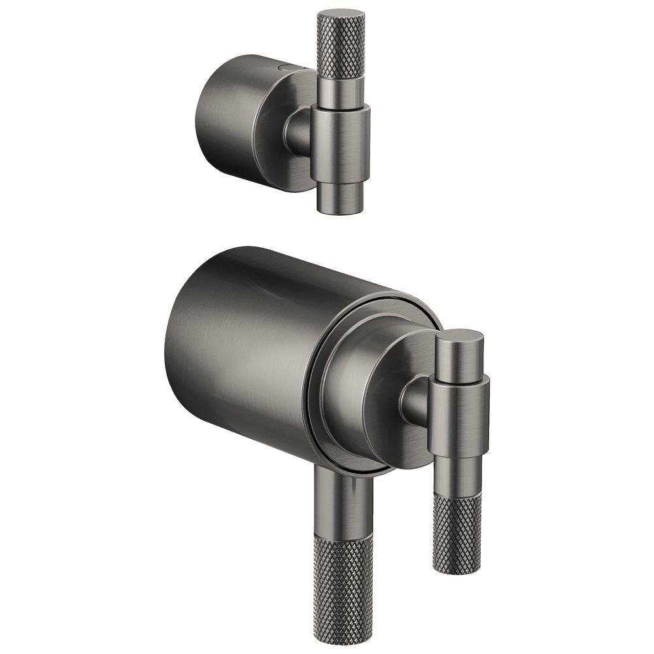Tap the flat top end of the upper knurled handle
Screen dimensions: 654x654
341,14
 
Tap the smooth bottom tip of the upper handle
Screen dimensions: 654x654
339,196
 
